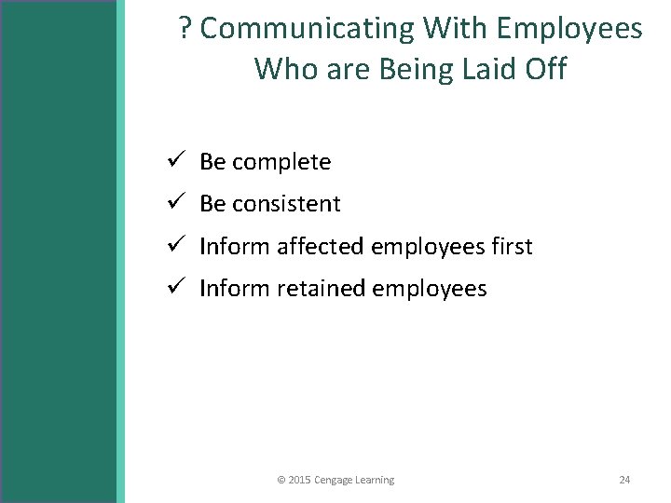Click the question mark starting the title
pos(185,30)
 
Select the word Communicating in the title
pos(308,30)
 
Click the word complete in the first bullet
pos(281,162)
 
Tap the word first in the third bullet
pos(511,247)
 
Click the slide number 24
pos(624,480)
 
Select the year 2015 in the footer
pos(300,480)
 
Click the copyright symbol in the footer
pos(281,480)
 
